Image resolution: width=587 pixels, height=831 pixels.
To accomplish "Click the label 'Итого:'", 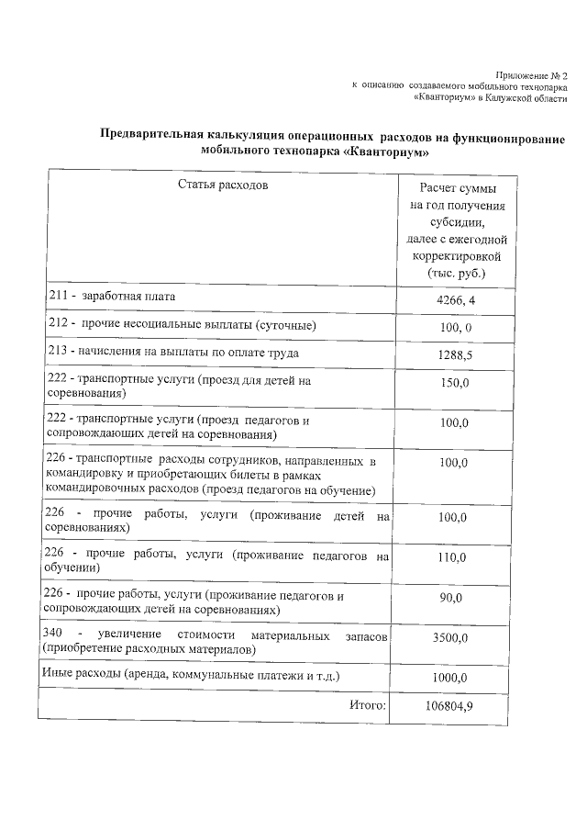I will [368, 705].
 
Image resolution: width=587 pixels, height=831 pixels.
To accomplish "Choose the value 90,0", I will [453, 598].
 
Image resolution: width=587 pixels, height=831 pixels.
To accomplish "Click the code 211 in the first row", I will [56, 298].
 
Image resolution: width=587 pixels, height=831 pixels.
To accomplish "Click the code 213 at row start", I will [56, 352].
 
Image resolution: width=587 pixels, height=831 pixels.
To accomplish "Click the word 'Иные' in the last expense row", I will [58, 675].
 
